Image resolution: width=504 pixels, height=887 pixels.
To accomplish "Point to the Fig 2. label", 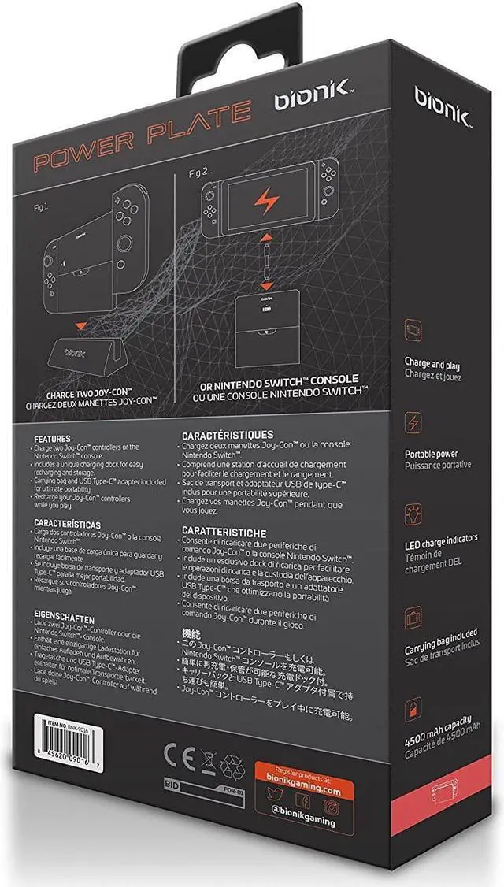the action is [198, 171].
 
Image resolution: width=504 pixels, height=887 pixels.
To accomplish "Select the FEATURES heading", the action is [52, 438].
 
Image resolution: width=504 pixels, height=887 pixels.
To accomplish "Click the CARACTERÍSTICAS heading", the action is [74, 523].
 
